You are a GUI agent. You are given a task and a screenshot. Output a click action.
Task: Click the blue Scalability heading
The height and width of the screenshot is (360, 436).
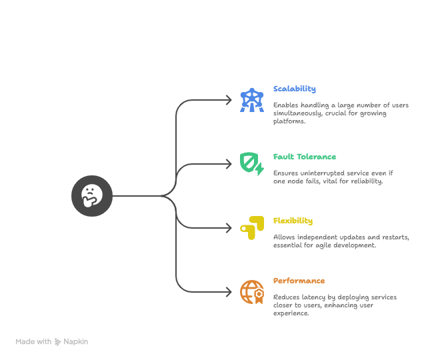point(295,89)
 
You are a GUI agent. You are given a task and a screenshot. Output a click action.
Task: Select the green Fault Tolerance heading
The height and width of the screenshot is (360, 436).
point(305,157)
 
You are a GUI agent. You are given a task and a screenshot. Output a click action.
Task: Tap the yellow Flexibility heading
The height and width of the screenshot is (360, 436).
point(293,221)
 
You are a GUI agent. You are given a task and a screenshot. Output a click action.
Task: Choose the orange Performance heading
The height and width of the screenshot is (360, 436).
point(299,281)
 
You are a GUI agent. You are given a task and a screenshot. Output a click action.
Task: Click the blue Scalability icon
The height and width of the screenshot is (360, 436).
point(252,100)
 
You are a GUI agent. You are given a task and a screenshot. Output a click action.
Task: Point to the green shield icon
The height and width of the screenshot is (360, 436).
point(252,164)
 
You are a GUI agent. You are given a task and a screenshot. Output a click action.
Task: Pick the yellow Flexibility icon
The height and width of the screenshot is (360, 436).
point(252,228)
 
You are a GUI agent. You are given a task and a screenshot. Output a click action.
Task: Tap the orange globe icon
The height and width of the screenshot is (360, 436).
point(252,292)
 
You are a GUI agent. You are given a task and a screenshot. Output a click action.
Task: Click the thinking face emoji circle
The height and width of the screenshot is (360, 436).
point(92,196)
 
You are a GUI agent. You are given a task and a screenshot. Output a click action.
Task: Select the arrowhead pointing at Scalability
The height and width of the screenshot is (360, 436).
point(229,100)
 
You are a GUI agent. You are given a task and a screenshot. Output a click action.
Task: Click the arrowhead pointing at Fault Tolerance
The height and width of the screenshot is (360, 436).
point(229,164)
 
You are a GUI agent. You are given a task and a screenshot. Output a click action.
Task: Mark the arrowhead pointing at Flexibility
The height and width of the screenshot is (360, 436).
point(229,228)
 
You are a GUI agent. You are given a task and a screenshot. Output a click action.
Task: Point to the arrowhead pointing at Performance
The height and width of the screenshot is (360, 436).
point(229,292)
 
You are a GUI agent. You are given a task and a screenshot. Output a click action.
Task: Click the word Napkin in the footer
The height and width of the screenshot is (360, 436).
point(75,341)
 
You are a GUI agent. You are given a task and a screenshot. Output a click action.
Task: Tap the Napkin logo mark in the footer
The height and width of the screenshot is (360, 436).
point(57,341)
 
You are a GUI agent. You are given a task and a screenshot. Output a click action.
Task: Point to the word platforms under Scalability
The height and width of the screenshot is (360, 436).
point(289,121)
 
